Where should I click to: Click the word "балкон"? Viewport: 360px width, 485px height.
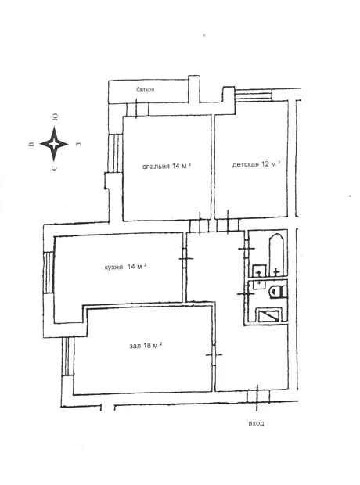(146, 89)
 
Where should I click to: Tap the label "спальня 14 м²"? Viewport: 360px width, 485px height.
(166, 166)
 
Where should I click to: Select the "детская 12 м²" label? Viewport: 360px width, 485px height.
(256, 164)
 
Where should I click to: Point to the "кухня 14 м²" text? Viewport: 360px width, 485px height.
(125, 267)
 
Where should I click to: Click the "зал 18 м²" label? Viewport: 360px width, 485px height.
(146, 345)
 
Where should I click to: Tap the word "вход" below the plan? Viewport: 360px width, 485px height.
(256, 423)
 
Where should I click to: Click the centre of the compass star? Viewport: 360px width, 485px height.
(54, 144)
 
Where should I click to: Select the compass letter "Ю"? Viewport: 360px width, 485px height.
(55, 117)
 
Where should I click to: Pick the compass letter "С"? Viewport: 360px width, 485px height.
(55, 168)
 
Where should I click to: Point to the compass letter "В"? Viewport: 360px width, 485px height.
(31, 144)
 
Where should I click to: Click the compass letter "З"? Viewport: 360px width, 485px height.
(78, 144)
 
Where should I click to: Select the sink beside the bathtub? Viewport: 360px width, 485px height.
(259, 271)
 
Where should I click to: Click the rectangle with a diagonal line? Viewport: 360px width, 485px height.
(268, 315)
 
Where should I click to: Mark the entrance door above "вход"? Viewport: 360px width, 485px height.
(257, 397)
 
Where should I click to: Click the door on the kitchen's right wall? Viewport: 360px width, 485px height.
(185, 258)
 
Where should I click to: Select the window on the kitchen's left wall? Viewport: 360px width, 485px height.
(49, 272)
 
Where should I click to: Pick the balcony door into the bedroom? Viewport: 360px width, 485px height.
(137, 109)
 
